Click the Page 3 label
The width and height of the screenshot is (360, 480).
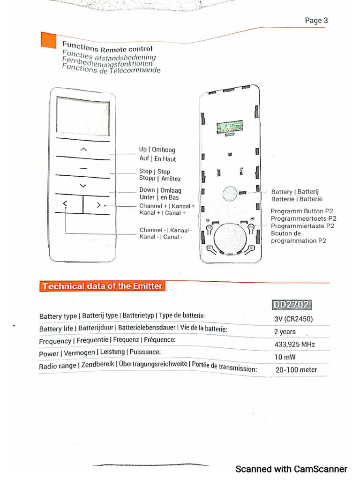(x=316, y=21)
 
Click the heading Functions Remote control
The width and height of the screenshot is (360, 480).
(x=107, y=47)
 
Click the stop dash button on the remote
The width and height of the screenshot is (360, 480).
(x=83, y=167)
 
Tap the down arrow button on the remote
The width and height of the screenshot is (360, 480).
(x=83, y=186)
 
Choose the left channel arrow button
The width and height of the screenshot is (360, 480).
(x=65, y=204)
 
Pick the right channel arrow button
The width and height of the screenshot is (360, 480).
(x=98, y=204)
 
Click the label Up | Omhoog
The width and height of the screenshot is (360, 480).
(x=157, y=150)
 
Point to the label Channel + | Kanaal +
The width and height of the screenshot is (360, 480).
(x=167, y=206)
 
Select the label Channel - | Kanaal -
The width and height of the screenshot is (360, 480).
(x=165, y=230)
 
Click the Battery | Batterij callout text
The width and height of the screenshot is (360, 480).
(x=295, y=192)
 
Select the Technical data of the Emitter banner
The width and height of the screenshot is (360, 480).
(x=102, y=286)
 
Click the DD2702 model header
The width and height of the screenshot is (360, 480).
(x=291, y=305)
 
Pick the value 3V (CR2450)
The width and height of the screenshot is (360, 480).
(x=293, y=319)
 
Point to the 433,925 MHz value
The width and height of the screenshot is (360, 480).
(x=294, y=345)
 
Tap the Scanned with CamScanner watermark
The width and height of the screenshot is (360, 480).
(x=291, y=469)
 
